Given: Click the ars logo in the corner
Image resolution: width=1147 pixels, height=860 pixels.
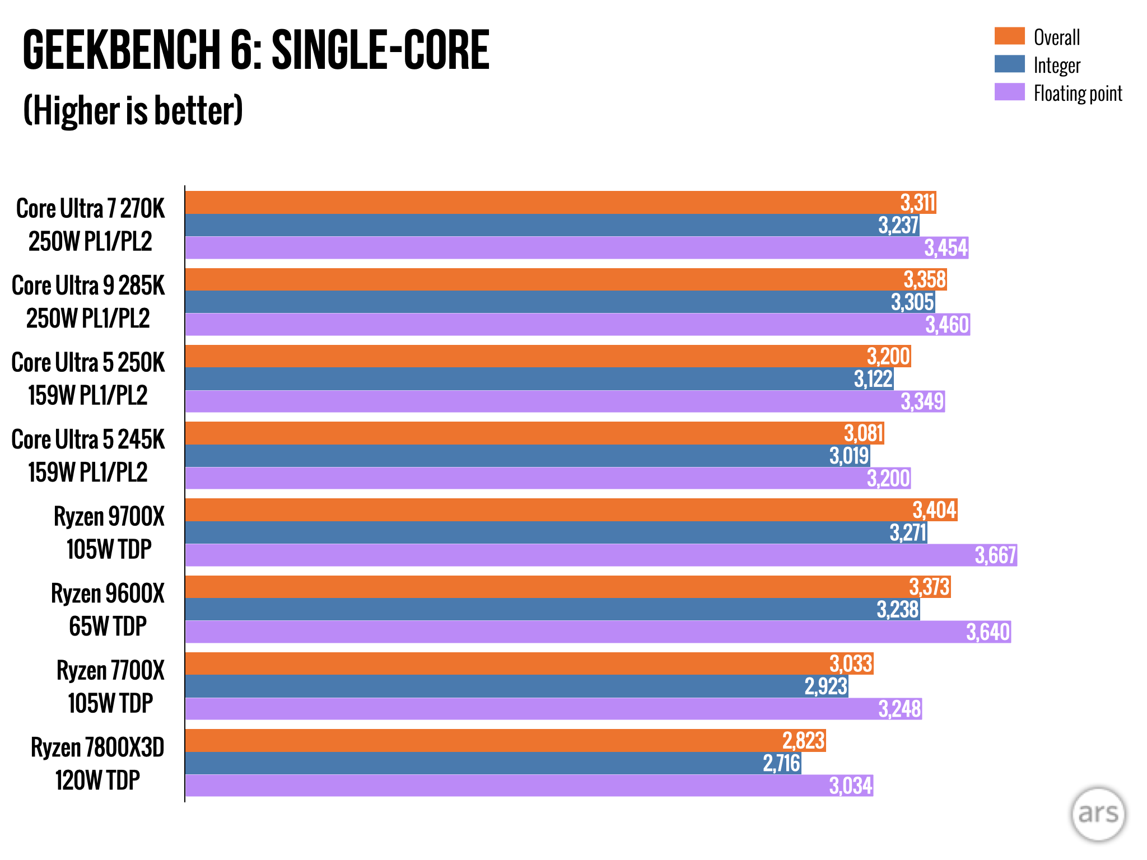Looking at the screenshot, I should click(1098, 814).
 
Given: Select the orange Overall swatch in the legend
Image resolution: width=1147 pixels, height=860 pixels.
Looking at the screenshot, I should click(1009, 36).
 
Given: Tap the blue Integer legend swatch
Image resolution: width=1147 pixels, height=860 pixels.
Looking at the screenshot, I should click(1009, 64).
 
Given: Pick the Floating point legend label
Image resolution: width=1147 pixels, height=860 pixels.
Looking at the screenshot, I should click(1078, 94).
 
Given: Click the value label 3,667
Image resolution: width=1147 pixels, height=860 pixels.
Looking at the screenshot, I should click(995, 555).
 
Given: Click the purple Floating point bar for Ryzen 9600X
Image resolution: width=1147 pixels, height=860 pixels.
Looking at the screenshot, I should click(560, 632).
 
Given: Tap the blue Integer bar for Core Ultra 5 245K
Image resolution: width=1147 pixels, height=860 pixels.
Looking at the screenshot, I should click(504, 456).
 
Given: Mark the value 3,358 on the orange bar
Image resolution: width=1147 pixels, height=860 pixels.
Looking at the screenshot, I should click(925, 279).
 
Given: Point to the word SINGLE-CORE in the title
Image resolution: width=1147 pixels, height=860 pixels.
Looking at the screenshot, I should click(380, 50).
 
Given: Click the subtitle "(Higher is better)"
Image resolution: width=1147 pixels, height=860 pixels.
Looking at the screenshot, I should click(133, 111).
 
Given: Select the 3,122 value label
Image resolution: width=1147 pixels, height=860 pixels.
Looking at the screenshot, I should click(873, 379).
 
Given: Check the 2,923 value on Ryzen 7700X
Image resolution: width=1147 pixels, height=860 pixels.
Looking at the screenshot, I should click(826, 686).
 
